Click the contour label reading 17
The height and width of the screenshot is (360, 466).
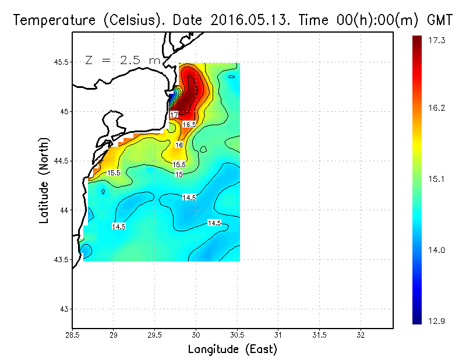point(175,115)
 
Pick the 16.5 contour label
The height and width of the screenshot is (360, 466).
point(189,125)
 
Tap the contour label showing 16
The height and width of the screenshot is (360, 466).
point(179,145)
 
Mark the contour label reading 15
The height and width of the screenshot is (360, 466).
point(179,174)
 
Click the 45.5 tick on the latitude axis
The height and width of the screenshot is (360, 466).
point(61,62)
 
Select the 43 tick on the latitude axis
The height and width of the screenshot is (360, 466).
point(63,309)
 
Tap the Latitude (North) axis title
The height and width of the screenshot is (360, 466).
point(44,181)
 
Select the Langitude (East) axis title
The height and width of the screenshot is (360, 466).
point(232,350)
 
